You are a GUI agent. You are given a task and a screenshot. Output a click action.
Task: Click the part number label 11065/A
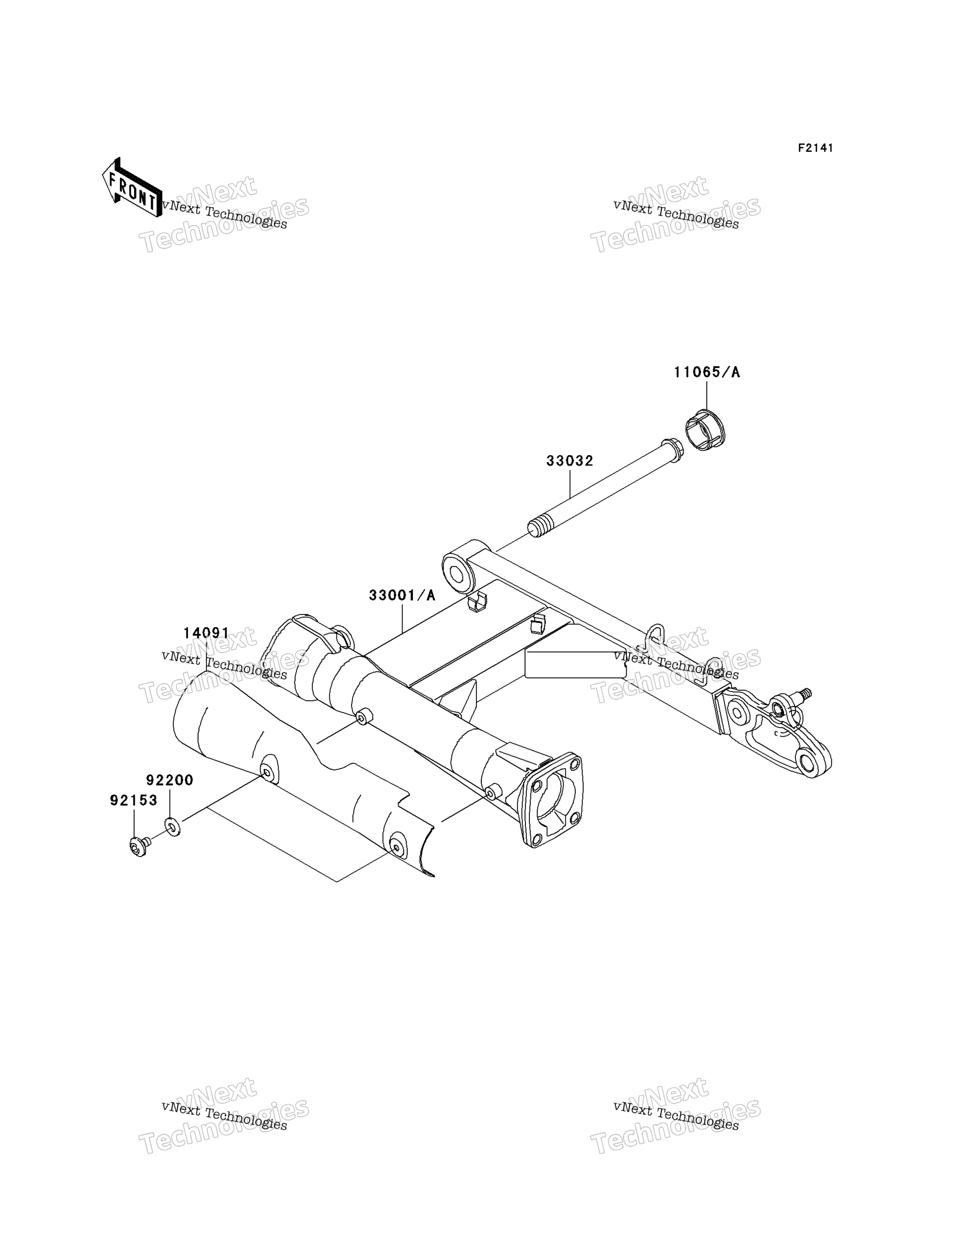pyautogui.click(x=707, y=373)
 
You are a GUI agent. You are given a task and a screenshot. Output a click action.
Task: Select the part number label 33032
pyautogui.click(x=570, y=461)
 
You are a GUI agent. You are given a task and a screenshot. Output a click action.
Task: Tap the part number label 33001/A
pyautogui.click(x=402, y=595)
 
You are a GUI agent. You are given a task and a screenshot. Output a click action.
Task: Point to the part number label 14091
pyautogui.click(x=206, y=633)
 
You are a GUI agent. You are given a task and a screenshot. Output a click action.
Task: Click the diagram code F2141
pyautogui.click(x=815, y=148)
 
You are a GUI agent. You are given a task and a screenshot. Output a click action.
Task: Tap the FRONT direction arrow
pyautogui.click(x=132, y=187)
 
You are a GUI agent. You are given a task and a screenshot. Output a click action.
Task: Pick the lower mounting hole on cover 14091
pyautogui.click(x=396, y=847)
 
